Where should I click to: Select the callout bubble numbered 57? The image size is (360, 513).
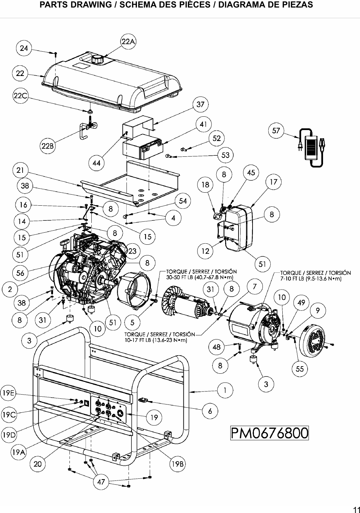[x=276, y=131]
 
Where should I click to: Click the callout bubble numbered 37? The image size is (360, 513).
[x=201, y=105]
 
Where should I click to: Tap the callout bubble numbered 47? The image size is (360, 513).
[x=101, y=482]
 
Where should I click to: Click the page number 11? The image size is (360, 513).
[x=356, y=508]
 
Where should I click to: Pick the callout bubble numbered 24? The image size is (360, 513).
[x=24, y=48]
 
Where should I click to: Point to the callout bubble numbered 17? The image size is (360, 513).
[x=273, y=182]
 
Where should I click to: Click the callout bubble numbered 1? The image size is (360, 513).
[x=225, y=390]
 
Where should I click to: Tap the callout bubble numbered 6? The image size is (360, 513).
[x=210, y=411]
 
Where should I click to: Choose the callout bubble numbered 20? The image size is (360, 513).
[x=38, y=464]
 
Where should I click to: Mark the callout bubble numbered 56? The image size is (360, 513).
[x=20, y=273]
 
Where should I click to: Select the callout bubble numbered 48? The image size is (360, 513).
[x=217, y=347]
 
